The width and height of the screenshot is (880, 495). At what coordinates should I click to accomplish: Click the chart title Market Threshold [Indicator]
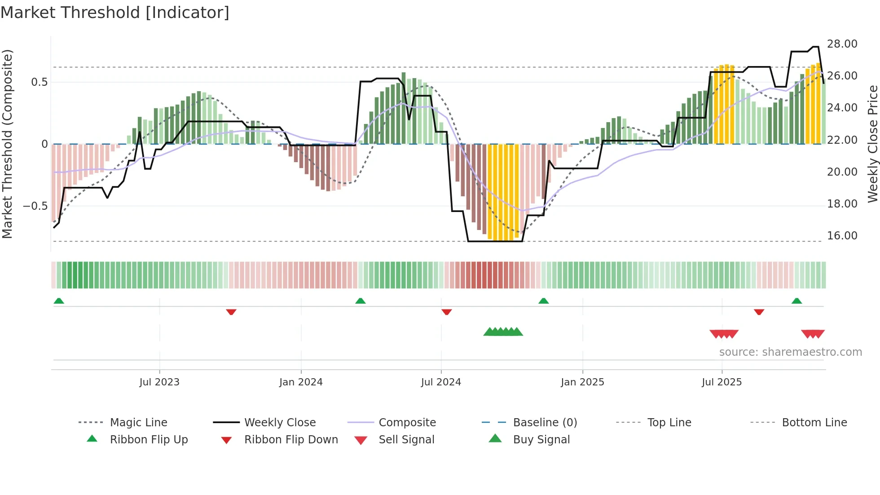(x=115, y=13)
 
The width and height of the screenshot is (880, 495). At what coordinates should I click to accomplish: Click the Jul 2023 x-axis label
(x=159, y=382)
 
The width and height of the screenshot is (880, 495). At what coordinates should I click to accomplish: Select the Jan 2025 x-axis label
(x=582, y=382)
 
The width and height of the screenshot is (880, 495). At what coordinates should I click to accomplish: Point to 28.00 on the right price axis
(x=842, y=44)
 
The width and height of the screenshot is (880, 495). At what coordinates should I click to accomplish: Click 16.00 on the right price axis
(x=842, y=236)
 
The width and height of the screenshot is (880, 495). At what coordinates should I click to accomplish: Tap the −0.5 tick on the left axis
(x=35, y=206)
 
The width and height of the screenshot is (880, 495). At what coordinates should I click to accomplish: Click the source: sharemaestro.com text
(x=790, y=352)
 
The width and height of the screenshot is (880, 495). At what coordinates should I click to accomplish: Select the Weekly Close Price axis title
(x=872, y=144)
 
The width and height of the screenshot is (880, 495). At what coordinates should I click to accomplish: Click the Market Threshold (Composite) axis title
(x=7, y=144)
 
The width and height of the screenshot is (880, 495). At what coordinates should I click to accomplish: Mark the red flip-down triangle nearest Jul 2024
(x=446, y=312)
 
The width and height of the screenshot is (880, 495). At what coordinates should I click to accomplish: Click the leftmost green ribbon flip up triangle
(x=59, y=301)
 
